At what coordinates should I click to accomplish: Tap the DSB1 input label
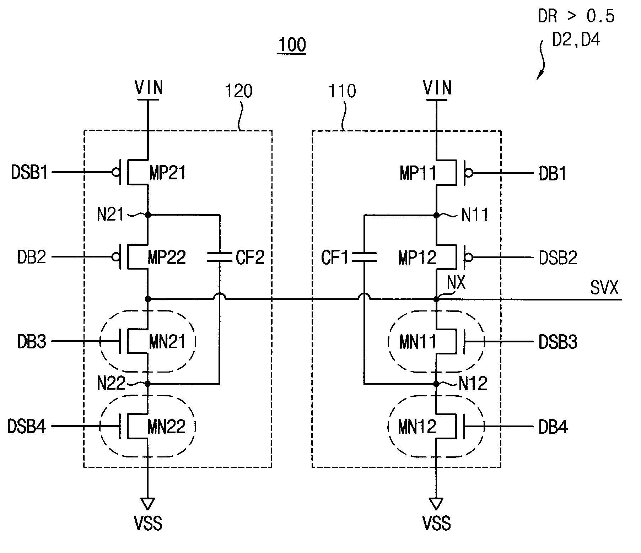pos(29,173)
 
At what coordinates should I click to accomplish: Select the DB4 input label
pos(553,427)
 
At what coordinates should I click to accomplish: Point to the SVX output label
pos(604,288)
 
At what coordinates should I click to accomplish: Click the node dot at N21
pos(148,215)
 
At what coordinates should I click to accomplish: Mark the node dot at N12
pos(436,384)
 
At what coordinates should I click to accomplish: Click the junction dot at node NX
pos(436,299)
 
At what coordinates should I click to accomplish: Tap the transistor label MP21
pos(167,173)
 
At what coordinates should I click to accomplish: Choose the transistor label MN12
pos(417,427)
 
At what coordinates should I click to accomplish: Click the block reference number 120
pos(238,91)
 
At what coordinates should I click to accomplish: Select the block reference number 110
pos(342,91)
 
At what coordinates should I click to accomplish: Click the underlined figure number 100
pos(292,45)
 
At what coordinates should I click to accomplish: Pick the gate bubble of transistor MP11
pos(469,173)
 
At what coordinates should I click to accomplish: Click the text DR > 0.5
pos(576,16)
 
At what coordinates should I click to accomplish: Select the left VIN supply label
pos(149,87)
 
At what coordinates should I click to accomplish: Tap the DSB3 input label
pos(558,342)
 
